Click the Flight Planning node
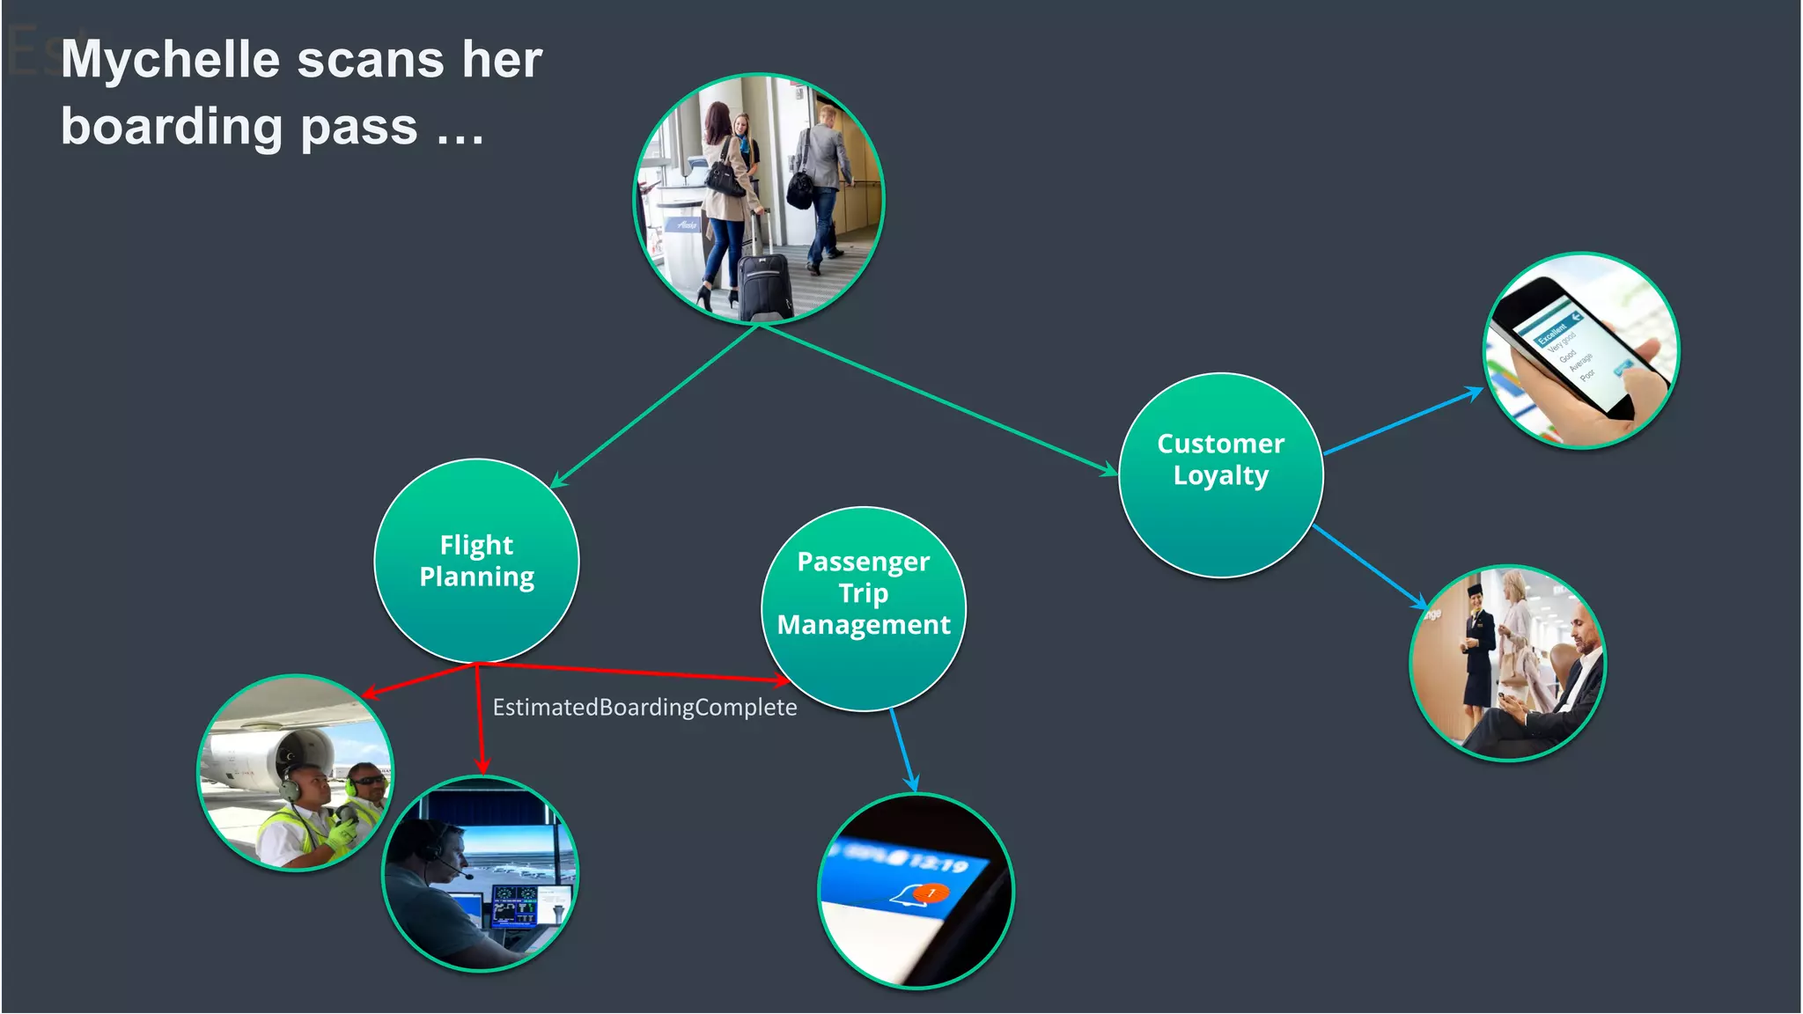[x=476, y=561]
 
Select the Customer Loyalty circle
[x=1220, y=475]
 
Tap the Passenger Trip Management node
[x=863, y=608]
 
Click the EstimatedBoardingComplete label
[x=644, y=708]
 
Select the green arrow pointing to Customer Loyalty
[x=942, y=400]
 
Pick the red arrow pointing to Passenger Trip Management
[x=634, y=672]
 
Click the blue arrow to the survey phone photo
[x=1404, y=421]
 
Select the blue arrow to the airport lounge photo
[x=1370, y=567]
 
